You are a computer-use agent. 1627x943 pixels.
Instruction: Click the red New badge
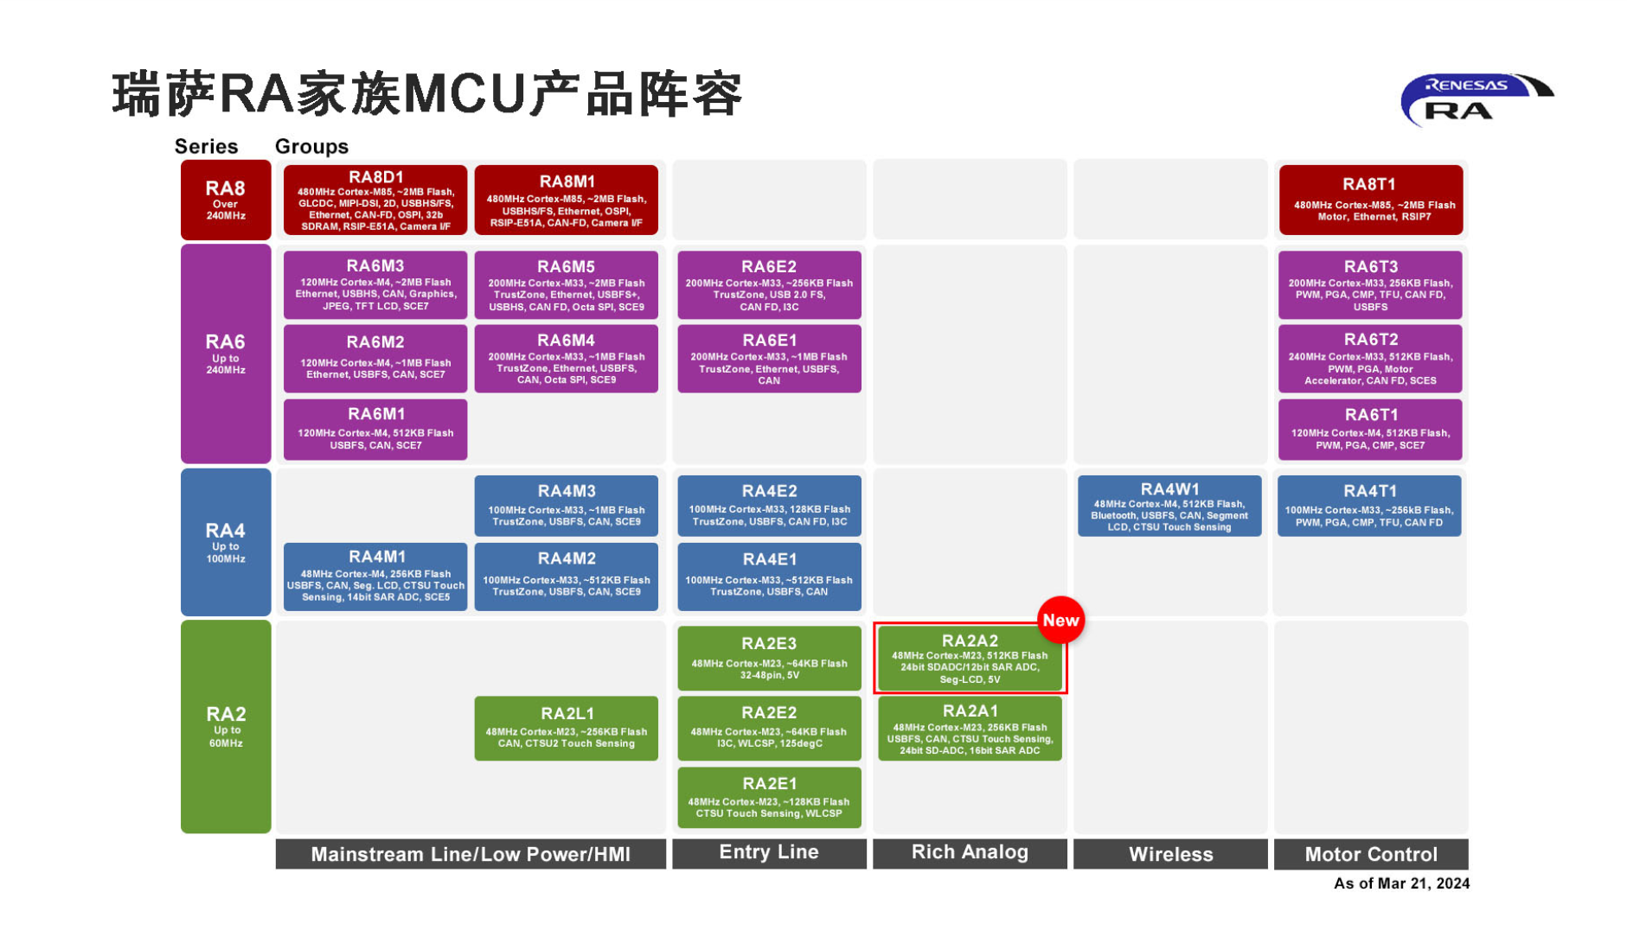tap(1060, 620)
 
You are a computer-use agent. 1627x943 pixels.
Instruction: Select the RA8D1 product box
tap(375, 200)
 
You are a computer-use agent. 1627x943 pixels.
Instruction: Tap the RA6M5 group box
tap(566, 284)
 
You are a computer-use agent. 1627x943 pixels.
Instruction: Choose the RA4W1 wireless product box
tap(1169, 506)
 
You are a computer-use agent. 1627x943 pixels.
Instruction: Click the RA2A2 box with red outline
tap(969, 658)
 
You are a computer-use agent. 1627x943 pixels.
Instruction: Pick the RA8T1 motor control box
tap(1369, 200)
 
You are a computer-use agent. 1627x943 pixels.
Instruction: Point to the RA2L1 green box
tap(566, 728)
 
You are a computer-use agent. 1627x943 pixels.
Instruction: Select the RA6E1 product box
tap(768, 359)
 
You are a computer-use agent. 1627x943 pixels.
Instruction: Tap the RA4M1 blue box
tap(375, 577)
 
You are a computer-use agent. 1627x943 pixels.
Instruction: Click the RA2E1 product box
tap(768, 797)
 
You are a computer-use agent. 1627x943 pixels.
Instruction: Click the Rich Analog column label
tap(969, 852)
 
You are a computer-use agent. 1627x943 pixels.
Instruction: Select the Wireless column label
tap(1169, 854)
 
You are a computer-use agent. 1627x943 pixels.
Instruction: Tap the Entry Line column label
tap(768, 852)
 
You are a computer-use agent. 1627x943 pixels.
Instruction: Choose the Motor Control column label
tap(1370, 854)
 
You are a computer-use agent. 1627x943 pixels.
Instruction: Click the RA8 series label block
tap(225, 200)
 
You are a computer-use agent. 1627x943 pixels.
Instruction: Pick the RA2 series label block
tap(225, 726)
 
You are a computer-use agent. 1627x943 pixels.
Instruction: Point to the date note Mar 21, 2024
tap(1400, 882)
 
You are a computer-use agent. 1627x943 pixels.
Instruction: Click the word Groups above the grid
tap(311, 146)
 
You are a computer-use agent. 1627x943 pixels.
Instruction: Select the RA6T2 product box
tap(1369, 359)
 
